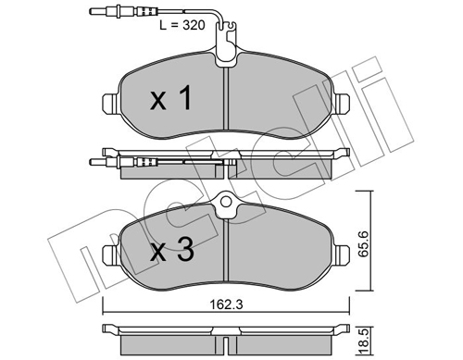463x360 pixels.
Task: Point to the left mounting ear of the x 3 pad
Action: pyautogui.click(x=109, y=251)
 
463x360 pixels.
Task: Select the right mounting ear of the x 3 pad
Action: pyautogui.click(x=344, y=251)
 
